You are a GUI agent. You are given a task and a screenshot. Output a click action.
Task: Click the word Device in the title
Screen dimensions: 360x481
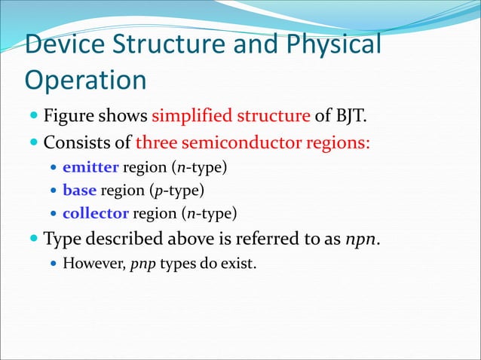pyautogui.click(x=65, y=45)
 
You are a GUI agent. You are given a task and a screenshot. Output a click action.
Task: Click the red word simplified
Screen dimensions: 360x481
pyautogui.click(x=191, y=117)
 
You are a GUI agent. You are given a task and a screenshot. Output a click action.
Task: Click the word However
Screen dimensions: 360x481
pyautogui.click(x=93, y=264)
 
